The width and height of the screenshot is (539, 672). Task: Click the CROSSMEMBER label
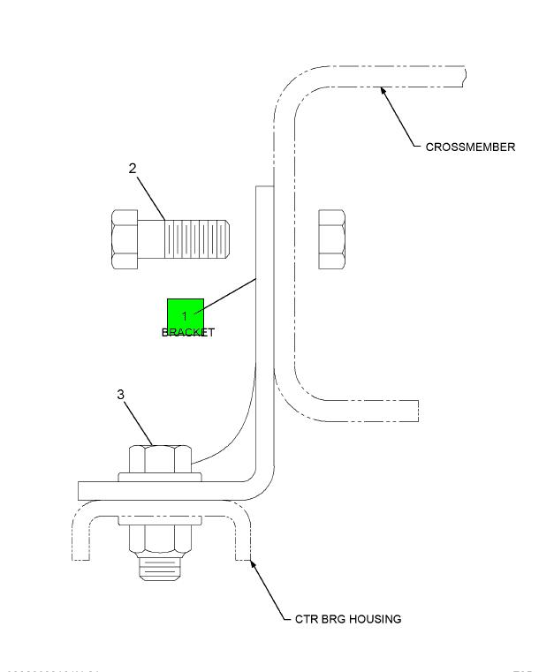point(470,147)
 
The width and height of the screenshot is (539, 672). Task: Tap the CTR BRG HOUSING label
point(347,619)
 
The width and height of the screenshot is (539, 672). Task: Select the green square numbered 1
point(186,316)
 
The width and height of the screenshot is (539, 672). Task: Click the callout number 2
point(133,169)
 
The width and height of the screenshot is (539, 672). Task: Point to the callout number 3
point(121,395)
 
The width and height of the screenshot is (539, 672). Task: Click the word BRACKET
point(187,333)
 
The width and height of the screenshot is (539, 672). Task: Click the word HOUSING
point(376,619)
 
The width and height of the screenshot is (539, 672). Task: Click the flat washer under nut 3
point(160,478)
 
